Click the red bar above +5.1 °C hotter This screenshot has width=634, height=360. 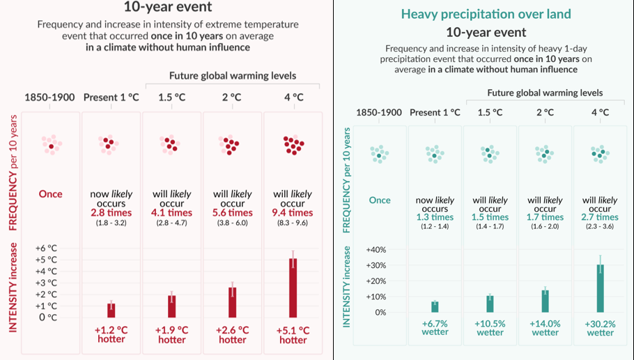coord(293,288)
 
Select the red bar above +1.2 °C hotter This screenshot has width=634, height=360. coord(111,311)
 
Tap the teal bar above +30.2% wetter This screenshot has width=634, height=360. coord(601,288)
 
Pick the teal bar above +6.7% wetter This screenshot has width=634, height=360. coord(435,307)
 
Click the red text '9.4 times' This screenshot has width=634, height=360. coord(293,213)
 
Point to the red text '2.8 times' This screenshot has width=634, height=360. coord(111,213)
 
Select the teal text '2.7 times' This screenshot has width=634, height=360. coord(600,217)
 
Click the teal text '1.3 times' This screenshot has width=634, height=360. coord(435,217)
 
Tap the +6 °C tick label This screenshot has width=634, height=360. coord(47,248)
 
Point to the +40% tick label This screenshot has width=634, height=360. coord(376,250)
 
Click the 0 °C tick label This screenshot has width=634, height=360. coord(48,318)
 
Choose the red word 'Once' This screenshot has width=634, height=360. coord(51,194)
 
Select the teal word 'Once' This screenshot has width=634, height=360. coord(380,200)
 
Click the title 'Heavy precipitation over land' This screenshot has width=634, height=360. coord(486,14)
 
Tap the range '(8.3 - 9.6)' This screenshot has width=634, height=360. coord(293,223)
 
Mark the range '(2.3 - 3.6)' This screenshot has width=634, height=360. coord(600,226)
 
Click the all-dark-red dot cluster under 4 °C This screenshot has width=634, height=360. coord(293,145)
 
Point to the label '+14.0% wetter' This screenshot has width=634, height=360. coord(545,328)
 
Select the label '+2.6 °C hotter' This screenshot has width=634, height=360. coord(233,335)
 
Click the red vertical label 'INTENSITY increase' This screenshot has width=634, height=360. coord(13,288)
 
